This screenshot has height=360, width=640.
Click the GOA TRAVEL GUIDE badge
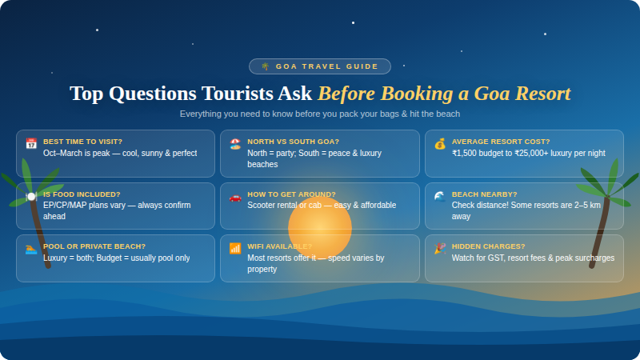(x=320, y=66)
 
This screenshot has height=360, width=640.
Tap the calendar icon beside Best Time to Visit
(x=31, y=144)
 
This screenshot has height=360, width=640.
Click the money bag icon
(x=440, y=144)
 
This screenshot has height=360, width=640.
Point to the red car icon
(x=235, y=197)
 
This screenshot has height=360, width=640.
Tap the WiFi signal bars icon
(x=235, y=249)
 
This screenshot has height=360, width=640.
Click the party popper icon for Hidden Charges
(x=440, y=249)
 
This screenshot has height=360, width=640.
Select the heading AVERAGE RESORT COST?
(x=501, y=142)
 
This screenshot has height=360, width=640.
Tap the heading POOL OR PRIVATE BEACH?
(x=94, y=246)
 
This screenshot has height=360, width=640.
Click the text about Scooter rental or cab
(x=322, y=206)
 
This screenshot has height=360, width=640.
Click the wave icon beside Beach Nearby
(x=440, y=197)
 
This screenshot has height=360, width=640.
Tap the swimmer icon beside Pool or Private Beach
(x=31, y=249)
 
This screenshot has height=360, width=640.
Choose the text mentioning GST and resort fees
(x=533, y=258)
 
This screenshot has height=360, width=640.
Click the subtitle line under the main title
(x=320, y=114)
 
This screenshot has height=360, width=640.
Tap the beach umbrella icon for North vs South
(x=235, y=144)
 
